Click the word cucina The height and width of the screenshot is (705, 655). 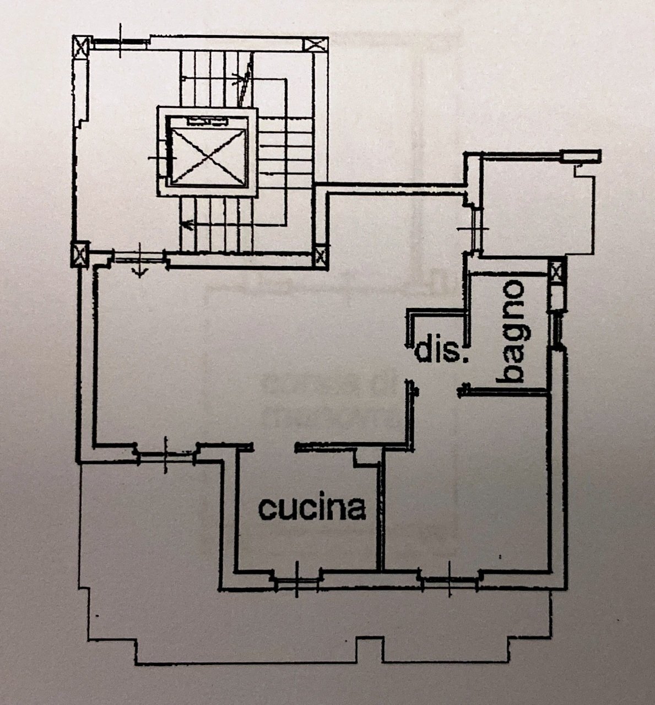[312, 508]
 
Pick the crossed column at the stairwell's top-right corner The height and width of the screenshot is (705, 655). [318, 45]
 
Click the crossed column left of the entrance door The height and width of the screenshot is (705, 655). [80, 255]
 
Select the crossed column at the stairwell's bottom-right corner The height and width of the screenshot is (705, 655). [320, 256]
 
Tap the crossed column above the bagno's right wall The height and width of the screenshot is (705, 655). [557, 272]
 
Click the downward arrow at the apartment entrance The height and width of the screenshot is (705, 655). [140, 269]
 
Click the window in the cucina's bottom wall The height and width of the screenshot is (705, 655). [296, 579]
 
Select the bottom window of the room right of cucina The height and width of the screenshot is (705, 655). [449, 579]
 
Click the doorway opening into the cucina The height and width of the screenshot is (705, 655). [274, 448]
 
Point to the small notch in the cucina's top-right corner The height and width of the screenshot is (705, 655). [364, 457]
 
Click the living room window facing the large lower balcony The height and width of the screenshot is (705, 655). [166, 453]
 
